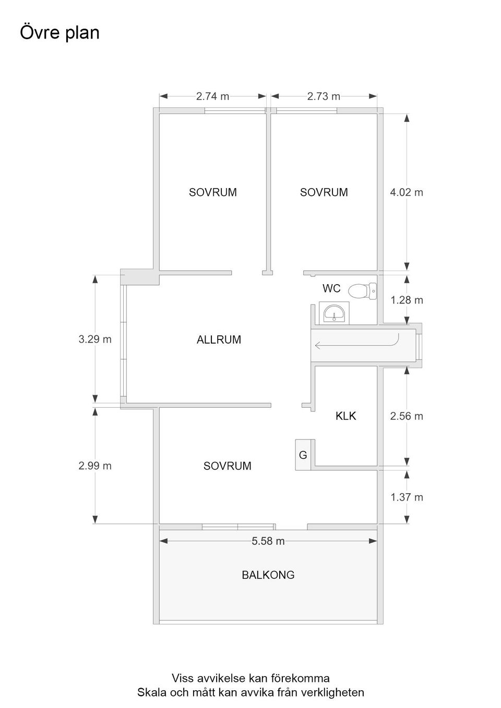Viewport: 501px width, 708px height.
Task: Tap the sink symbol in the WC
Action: [x=333, y=313]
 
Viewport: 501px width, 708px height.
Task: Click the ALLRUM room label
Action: [x=219, y=340]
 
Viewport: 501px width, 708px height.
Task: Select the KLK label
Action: [x=345, y=416]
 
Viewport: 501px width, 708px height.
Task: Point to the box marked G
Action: [x=303, y=455]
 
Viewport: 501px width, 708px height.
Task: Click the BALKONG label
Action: [x=268, y=575]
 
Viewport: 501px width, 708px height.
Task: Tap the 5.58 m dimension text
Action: [x=268, y=541]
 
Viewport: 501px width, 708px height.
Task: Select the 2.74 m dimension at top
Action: [x=212, y=96]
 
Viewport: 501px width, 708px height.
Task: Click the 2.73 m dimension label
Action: [x=324, y=96]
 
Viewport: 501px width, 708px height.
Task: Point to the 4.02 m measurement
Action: [x=407, y=192]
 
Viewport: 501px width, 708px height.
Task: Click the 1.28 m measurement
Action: [x=407, y=300]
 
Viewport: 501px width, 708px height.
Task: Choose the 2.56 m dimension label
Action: [x=407, y=416]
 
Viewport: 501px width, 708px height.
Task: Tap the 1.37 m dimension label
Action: [x=407, y=497]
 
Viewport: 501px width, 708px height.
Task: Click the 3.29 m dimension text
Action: [x=95, y=339]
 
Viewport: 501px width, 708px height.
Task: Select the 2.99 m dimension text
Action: [x=95, y=466]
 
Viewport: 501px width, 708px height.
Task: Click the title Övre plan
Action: [x=59, y=32]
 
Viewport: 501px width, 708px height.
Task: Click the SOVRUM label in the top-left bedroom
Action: [x=212, y=192]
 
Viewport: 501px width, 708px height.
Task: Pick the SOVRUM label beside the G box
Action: [x=227, y=466]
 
